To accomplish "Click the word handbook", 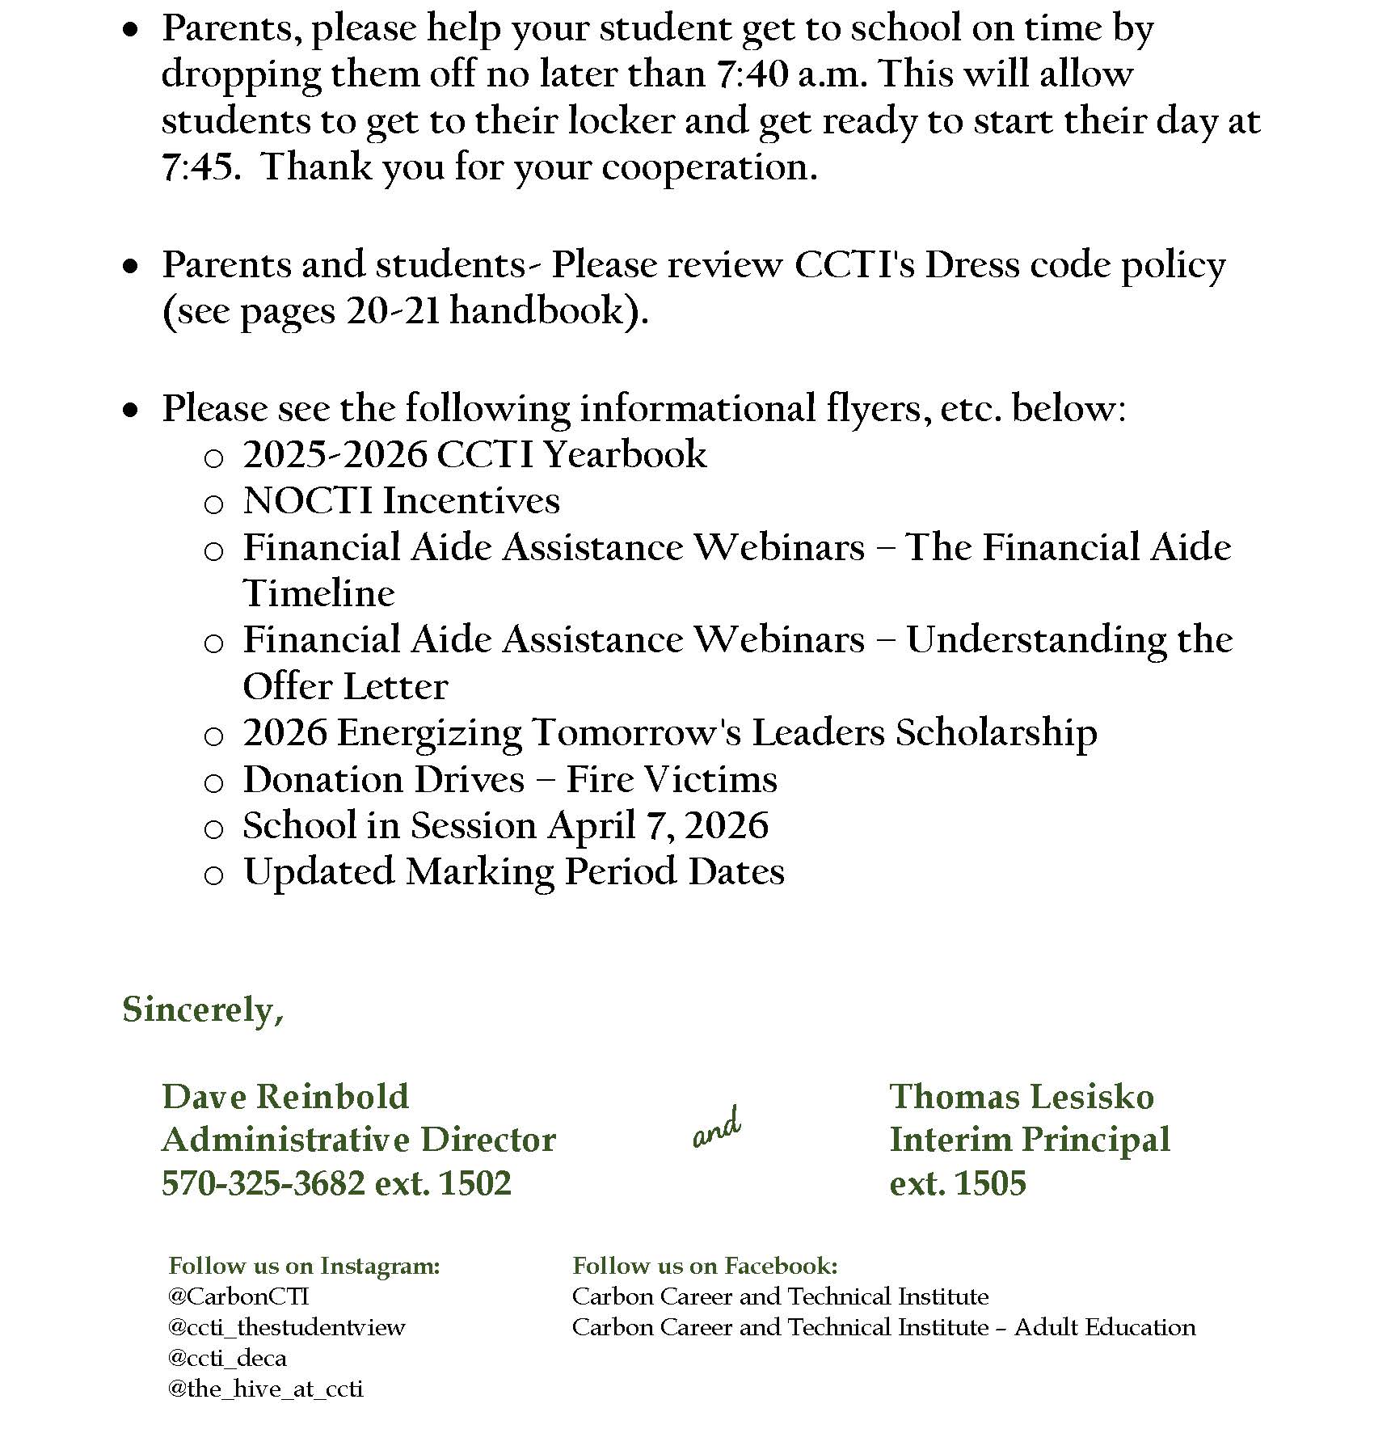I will pos(538,311).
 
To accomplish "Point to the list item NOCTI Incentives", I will pos(401,500).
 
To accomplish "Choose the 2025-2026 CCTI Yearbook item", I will pos(474,454).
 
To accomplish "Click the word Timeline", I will pos(318,593).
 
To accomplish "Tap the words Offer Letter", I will pos(345,686).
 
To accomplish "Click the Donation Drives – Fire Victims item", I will pos(510,779).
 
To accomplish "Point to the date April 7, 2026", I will pos(658,825).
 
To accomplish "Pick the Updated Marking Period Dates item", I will pos(513,871).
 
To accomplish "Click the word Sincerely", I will pos(202,1010).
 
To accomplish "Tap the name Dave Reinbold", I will pos(285,1097).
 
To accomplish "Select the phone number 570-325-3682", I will pos(263,1183).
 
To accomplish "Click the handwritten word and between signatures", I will pos(717,1128).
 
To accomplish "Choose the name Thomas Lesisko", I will pos(1022,1097).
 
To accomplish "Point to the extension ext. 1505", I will pos(958,1183).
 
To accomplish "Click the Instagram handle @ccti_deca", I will pos(227,1358).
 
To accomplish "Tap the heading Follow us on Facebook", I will pos(705,1266).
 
